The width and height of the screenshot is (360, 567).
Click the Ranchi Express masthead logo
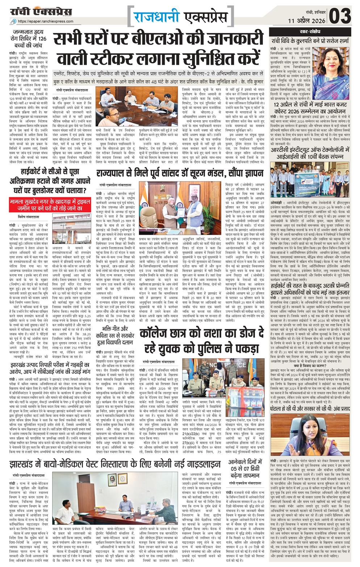(x=41, y=12)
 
